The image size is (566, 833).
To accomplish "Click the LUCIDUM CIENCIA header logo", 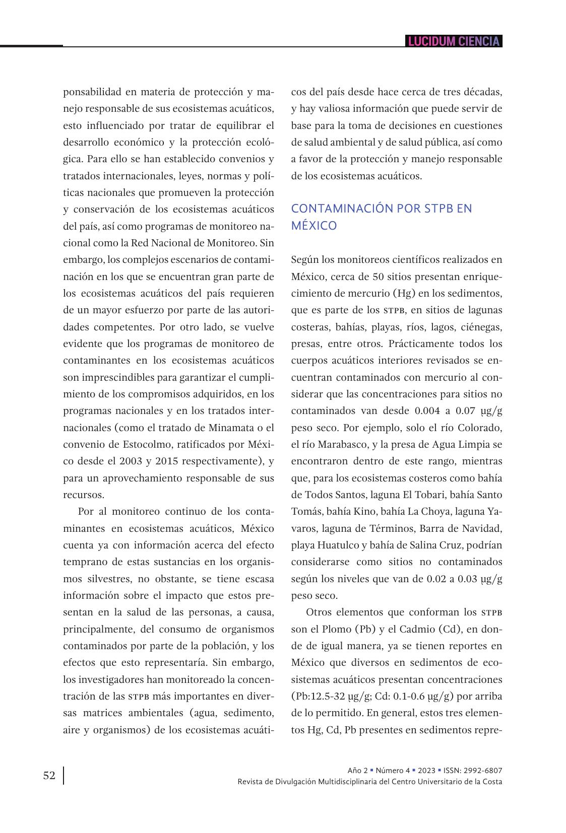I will click(x=454, y=41).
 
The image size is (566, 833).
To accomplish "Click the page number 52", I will click(x=49, y=776).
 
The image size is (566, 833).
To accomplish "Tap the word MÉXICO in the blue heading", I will click(x=314, y=226).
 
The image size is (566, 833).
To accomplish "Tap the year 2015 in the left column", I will click(x=167, y=461).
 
